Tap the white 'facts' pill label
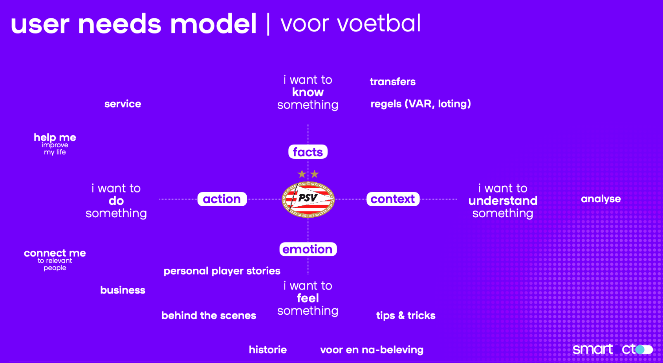click(308, 152)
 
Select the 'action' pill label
click(222, 199)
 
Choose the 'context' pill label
click(393, 199)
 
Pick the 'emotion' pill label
click(308, 249)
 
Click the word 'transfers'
click(393, 82)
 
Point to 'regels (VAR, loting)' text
click(421, 104)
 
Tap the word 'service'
click(123, 104)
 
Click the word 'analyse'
click(601, 199)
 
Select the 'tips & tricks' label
click(406, 315)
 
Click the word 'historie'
click(268, 350)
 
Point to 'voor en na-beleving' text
click(372, 350)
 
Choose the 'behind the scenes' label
click(209, 315)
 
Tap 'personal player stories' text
click(222, 271)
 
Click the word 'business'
click(123, 290)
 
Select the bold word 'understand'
click(503, 201)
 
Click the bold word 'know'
click(308, 92)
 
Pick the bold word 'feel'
click(308, 298)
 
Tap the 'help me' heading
click(55, 137)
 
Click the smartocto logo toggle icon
click(644, 349)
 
